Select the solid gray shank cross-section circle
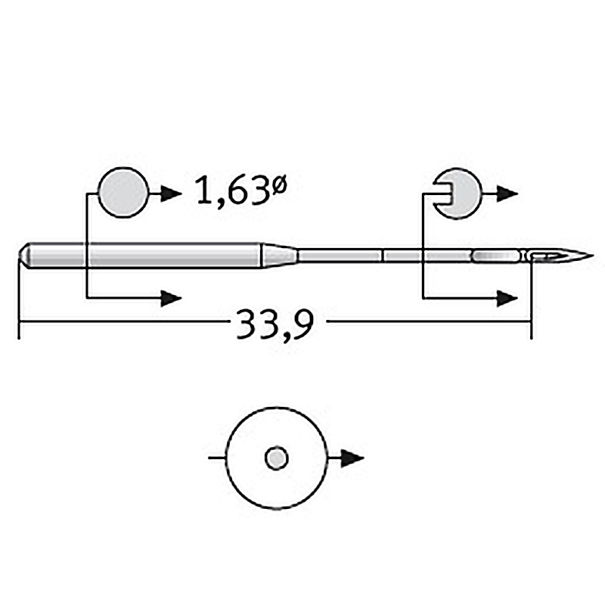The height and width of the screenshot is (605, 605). [x=123, y=193]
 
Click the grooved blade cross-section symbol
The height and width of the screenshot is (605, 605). [x=458, y=194]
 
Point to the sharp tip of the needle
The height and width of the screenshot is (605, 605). [x=593, y=255]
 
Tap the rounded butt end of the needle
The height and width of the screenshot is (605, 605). [x=24, y=255]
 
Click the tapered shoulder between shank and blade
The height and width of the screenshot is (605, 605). [x=280, y=255]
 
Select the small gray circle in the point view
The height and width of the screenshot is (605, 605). [x=277, y=459]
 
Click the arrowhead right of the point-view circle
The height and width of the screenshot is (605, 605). [x=352, y=459]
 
